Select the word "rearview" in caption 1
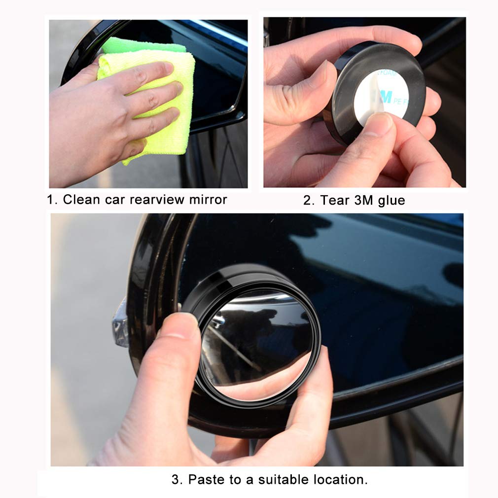click(x=158, y=200)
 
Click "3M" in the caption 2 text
click(x=363, y=200)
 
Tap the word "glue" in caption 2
click(x=391, y=200)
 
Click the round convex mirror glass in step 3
click(x=256, y=340)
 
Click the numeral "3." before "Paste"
click(x=177, y=479)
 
